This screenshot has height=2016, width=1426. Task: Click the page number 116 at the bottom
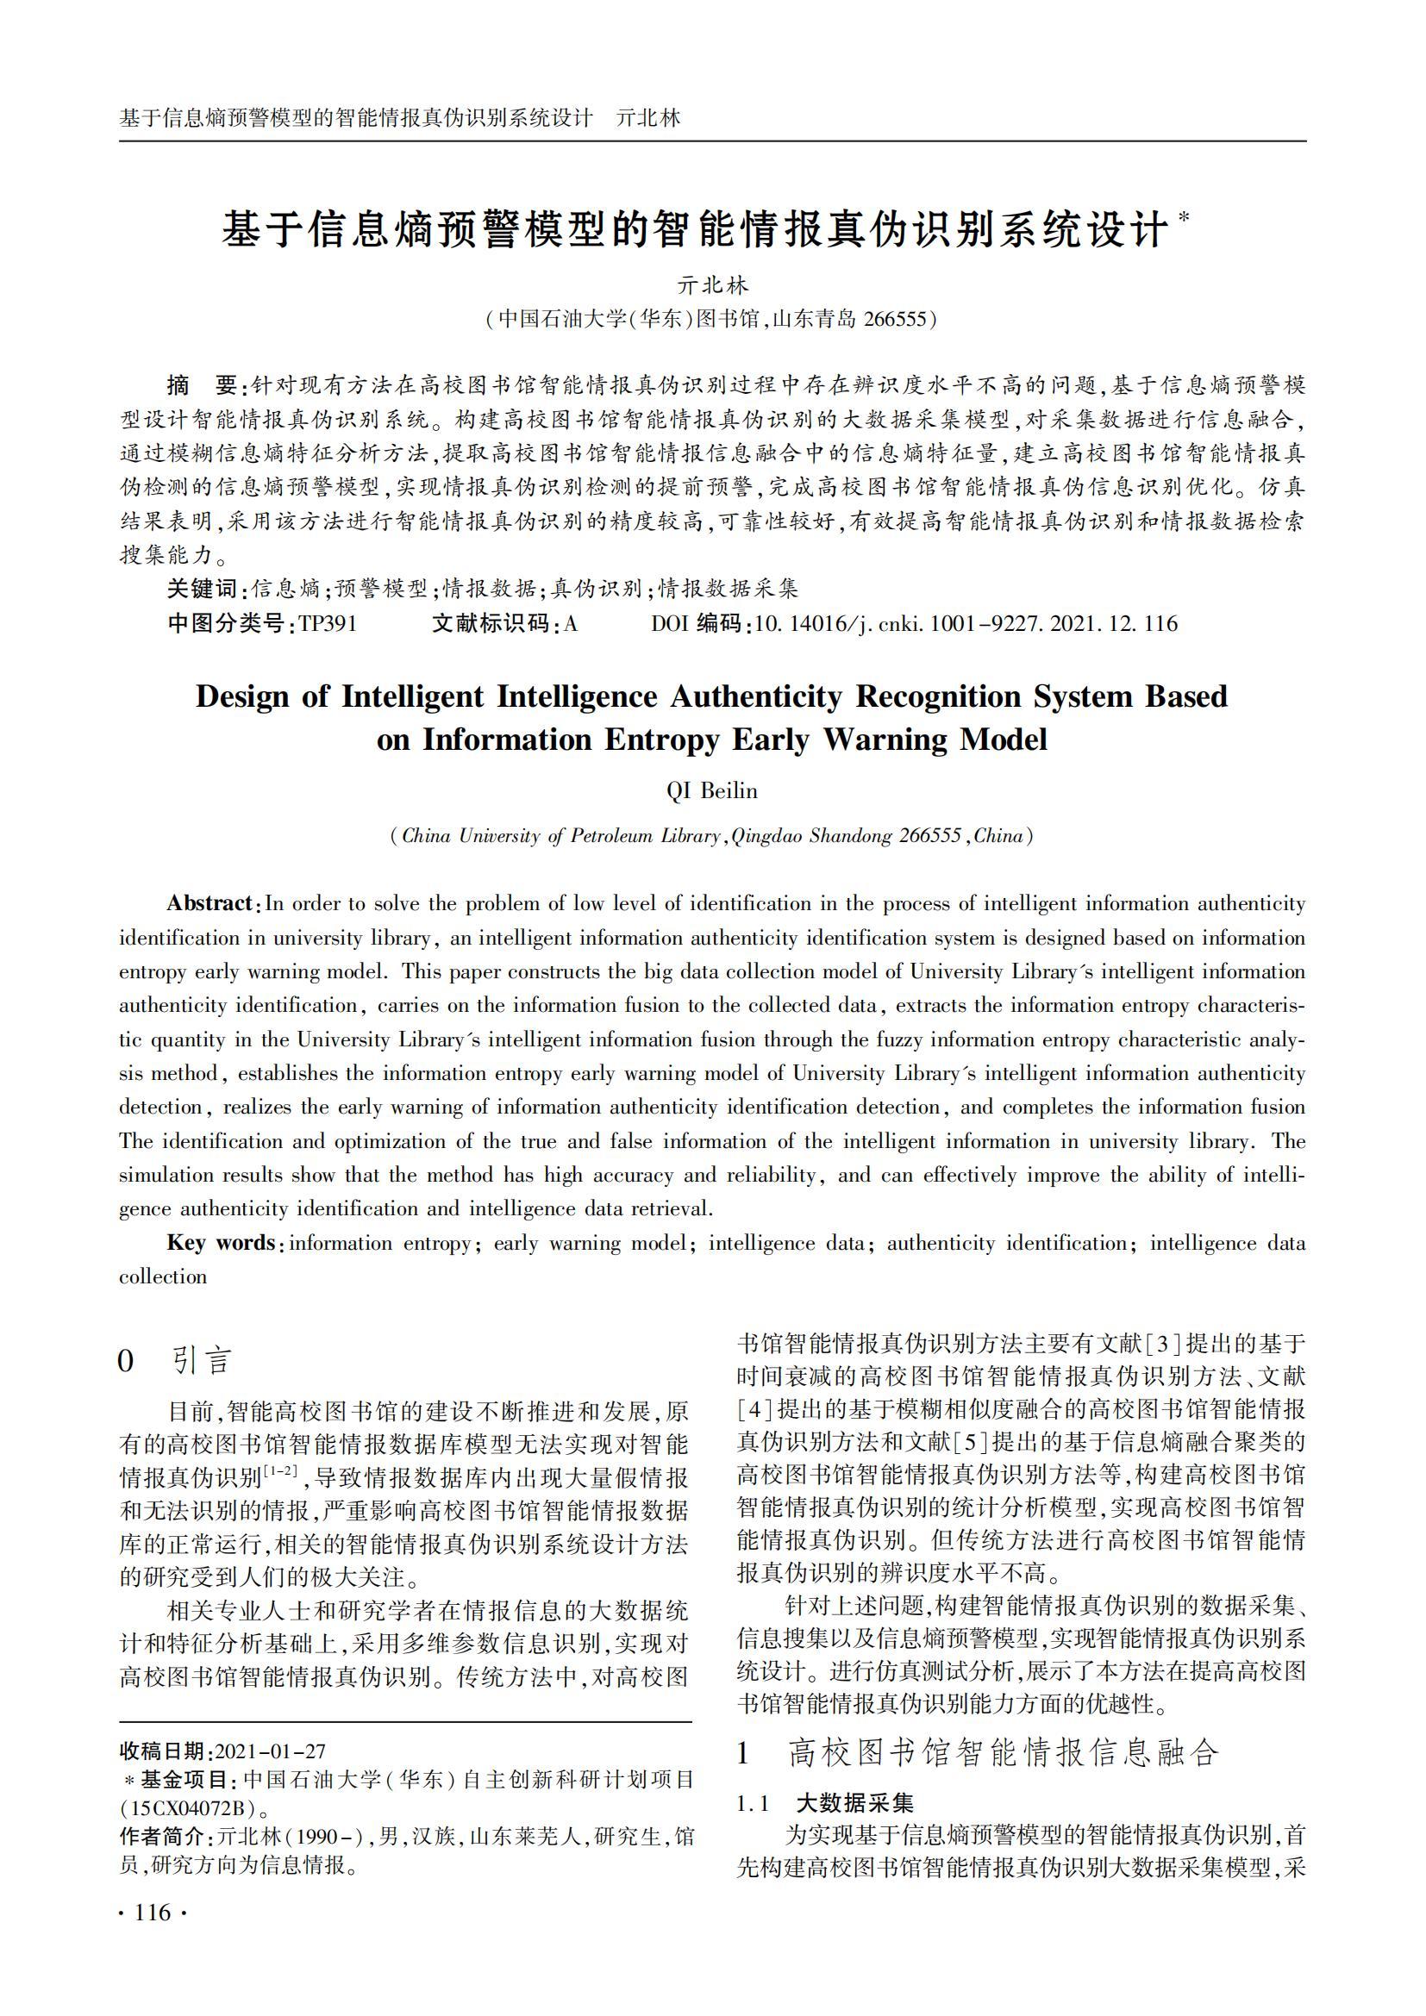[152, 1912]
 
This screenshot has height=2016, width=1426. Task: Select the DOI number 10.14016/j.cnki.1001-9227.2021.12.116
[965, 624]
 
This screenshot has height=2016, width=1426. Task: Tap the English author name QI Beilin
[711, 791]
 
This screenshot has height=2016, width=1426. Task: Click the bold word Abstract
[210, 903]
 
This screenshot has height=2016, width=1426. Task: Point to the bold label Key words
[221, 1243]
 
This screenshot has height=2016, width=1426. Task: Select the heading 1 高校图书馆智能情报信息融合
[978, 1752]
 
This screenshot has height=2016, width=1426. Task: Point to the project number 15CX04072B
[185, 1809]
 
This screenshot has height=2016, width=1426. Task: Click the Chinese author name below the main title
[712, 285]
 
